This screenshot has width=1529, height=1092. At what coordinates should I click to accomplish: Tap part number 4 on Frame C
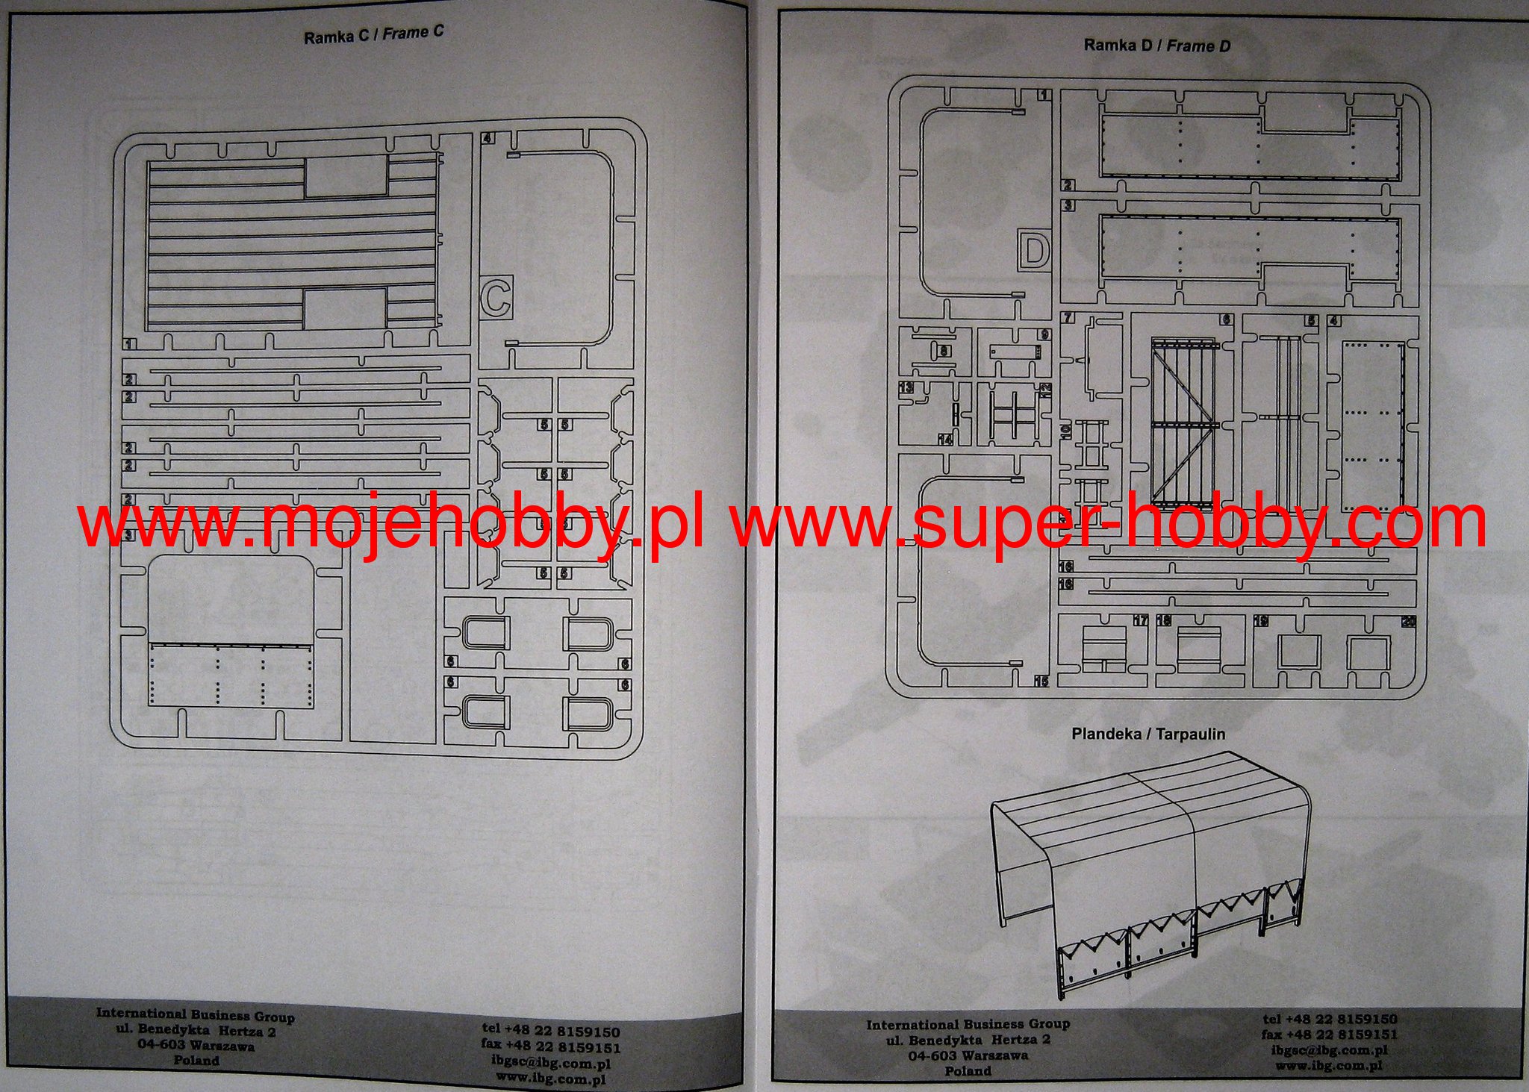[x=487, y=138]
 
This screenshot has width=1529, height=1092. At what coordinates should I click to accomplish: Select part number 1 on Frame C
[x=129, y=343]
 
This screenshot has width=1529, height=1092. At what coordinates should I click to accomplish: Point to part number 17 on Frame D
[x=1140, y=620]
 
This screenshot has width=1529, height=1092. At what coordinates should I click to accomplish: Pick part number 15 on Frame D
[x=1042, y=681]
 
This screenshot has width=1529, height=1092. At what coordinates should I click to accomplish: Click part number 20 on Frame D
[x=1409, y=621]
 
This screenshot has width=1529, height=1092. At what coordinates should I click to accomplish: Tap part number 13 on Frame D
[x=906, y=387]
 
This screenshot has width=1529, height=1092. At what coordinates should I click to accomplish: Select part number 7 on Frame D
[x=1068, y=317]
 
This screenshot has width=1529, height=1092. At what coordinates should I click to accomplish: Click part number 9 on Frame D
[x=1044, y=334]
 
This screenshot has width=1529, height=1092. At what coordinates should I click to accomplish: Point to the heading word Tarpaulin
[x=1191, y=734]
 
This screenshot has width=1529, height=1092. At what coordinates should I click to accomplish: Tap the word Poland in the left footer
[x=197, y=1060]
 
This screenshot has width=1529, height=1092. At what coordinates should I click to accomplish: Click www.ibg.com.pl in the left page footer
[x=550, y=1079]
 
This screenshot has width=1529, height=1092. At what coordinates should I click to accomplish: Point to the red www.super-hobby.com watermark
[x=1108, y=525]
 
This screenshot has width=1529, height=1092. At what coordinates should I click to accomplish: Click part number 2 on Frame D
[x=1068, y=185]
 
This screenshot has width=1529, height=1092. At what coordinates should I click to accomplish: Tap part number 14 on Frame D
[x=945, y=440]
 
